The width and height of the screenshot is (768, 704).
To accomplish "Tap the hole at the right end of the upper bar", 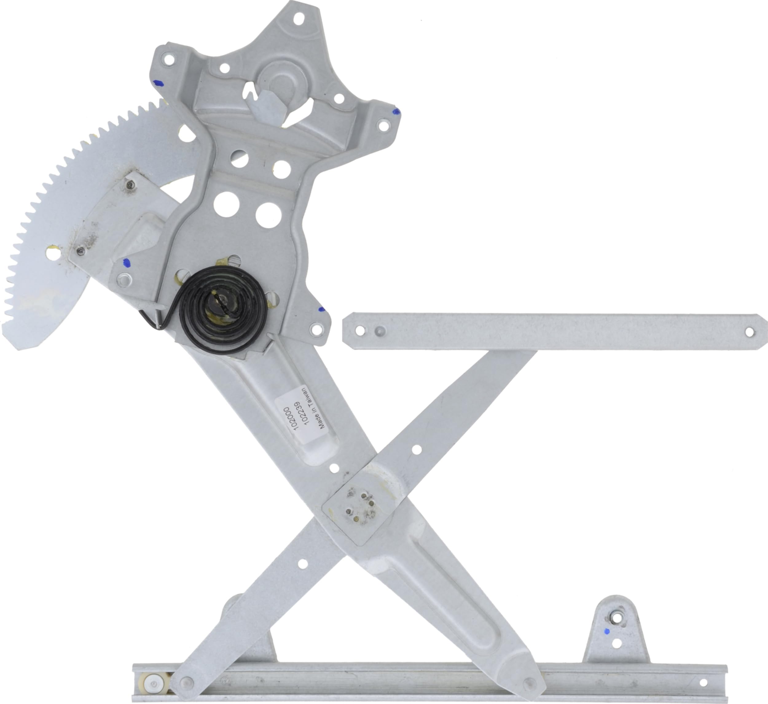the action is (749, 332).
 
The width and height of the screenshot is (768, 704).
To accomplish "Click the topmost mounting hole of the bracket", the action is (299, 18).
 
